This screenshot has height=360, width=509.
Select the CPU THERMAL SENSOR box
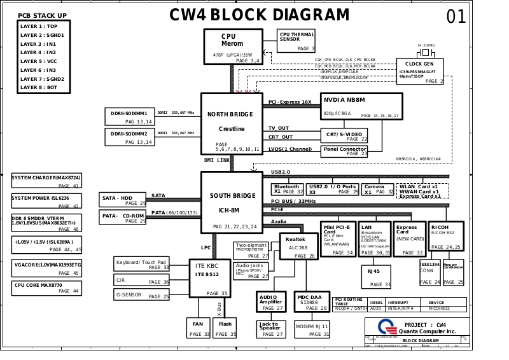[x=296, y=41]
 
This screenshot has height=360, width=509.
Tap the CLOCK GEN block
[x=419, y=72]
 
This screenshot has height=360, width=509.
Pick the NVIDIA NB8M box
[x=362, y=106]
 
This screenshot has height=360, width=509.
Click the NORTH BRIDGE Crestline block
[x=230, y=122]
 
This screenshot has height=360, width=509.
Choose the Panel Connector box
[x=345, y=151]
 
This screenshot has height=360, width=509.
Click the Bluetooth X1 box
[x=287, y=189]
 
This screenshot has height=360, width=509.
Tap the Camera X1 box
[x=379, y=189]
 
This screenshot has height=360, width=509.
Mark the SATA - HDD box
[x=123, y=200]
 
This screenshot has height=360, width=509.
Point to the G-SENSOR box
[x=142, y=295]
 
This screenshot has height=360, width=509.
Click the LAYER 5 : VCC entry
[x=39, y=61]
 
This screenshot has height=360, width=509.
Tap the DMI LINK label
[x=217, y=161]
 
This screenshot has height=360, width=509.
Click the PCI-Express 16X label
[x=289, y=102]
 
